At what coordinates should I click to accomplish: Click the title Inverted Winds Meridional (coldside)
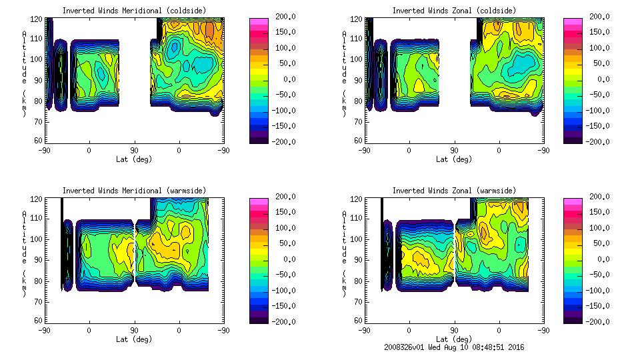pyautogui.click(x=134, y=11)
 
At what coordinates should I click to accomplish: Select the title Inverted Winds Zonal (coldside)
pyautogui.click(x=454, y=11)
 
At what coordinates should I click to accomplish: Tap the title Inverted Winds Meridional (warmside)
pyautogui.click(x=134, y=191)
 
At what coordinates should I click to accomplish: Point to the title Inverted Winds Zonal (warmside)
pyautogui.click(x=454, y=191)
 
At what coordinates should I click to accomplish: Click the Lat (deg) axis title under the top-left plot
pyautogui.click(x=134, y=159)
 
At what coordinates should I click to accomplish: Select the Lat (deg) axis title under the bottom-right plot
pyautogui.click(x=454, y=339)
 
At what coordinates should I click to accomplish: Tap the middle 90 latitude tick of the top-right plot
pyautogui.click(x=454, y=150)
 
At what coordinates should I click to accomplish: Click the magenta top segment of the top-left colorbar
pyautogui.click(x=258, y=21)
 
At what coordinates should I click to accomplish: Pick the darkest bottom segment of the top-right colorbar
pyautogui.click(x=573, y=139)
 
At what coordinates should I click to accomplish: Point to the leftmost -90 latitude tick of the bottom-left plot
pyautogui.click(x=44, y=330)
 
